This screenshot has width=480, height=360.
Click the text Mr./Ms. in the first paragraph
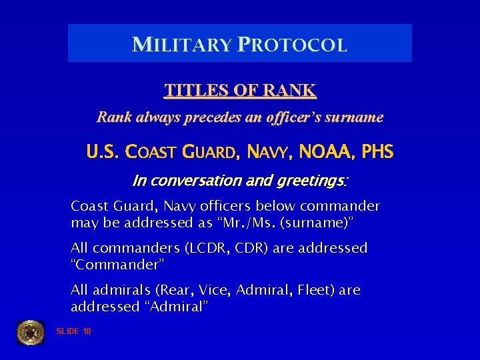[x=228, y=221]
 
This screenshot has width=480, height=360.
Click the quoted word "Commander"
[x=116, y=264]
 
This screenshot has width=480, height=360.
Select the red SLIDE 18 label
[x=74, y=331]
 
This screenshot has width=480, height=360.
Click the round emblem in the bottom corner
[x=30, y=331]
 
